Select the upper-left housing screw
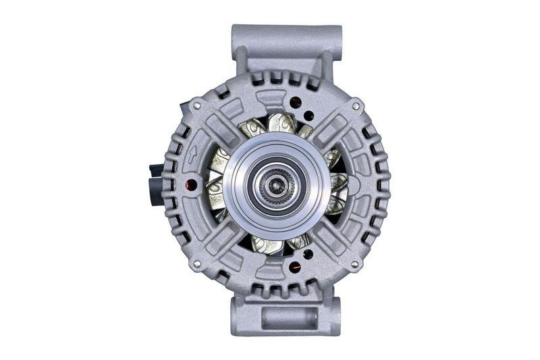(196, 106)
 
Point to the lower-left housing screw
(196, 264)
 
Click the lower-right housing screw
(357, 263)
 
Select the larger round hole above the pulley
(295, 103)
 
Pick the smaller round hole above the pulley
(308, 115)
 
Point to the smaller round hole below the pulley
(308, 254)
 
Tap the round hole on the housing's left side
(192, 184)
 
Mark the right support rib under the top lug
(329, 65)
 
